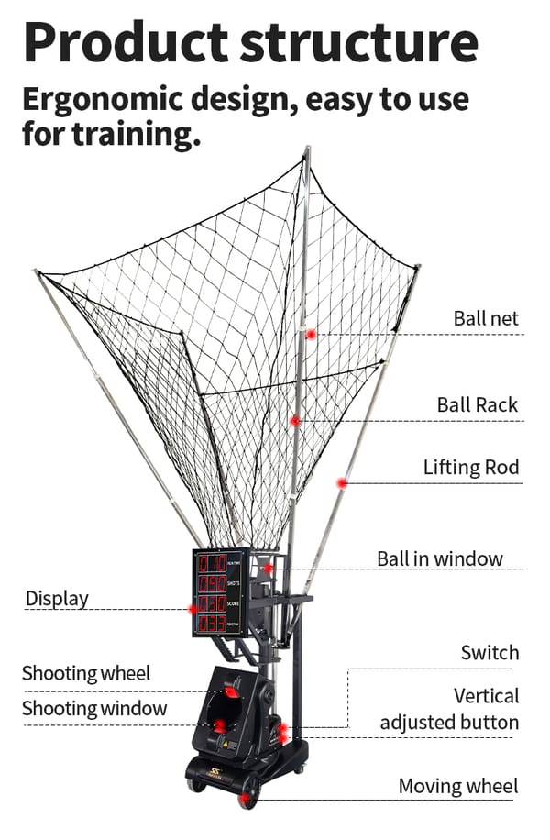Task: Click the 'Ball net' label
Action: (x=486, y=319)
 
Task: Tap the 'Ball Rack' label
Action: (x=477, y=404)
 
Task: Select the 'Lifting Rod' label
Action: (x=471, y=467)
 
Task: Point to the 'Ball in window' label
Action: (x=440, y=558)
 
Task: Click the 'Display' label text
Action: (x=57, y=599)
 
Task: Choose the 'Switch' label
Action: (x=489, y=653)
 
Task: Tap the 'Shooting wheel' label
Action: (x=85, y=673)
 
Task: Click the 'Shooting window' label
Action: (x=94, y=708)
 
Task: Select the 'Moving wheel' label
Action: (x=457, y=786)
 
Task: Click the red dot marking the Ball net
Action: (x=312, y=335)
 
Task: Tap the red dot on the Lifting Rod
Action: (x=342, y=483)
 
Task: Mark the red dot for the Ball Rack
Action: (x=295, y=421)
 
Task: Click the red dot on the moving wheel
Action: (x=245, y=798)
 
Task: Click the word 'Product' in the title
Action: (x=125, y=41)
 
